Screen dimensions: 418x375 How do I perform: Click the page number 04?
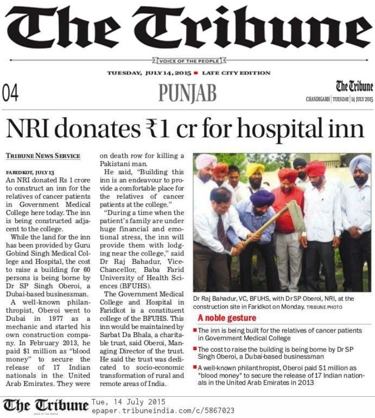click(x=11, y=93)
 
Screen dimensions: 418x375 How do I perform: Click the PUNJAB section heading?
click(x=187, y=93)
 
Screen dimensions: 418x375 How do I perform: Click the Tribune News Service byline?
click(x=43, y=156)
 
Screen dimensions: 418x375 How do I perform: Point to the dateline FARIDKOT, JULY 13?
click(x=30, y=173)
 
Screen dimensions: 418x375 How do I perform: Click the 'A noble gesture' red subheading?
click(x=227, y=318)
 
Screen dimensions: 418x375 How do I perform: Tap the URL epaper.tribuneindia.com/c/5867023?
click(x=163, y=411)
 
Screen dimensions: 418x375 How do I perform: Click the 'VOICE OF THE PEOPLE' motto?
click(x=189, y=61)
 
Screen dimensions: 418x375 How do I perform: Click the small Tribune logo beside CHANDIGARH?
click(x=354, y=87)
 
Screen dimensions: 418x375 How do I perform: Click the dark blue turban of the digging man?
click(x=262, y=198)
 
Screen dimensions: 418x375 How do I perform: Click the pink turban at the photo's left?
click(x=206, y=161)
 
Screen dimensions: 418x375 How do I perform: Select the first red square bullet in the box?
click(x=195, y=331)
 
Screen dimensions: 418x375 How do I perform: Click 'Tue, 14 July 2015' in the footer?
click(x=128, y=402)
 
